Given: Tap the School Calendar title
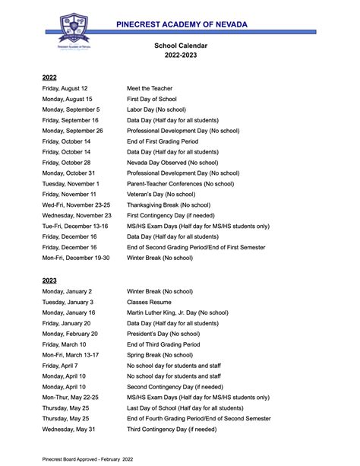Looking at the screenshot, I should (181, 46).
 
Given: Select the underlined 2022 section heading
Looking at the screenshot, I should (49, 78).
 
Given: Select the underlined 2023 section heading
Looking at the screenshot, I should (49, 281).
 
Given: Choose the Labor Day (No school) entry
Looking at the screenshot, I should (166, 109).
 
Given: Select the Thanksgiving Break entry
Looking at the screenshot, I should (179, 205).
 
